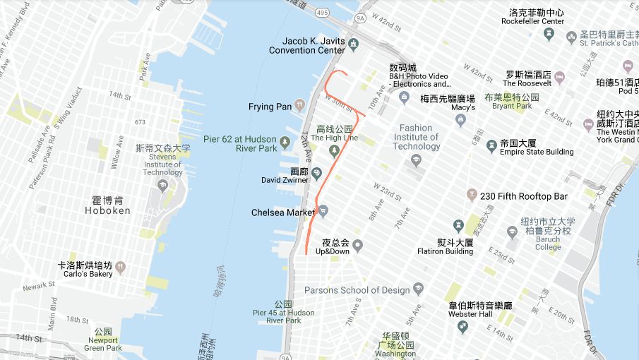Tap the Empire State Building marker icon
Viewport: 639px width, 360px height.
[491, 146]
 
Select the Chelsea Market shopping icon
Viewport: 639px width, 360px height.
[323, 211]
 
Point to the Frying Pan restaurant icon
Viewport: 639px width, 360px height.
[300, 106]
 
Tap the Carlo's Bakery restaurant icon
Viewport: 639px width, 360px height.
[121, 268]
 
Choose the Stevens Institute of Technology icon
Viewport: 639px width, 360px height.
[163, 186]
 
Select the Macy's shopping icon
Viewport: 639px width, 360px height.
[461, 120]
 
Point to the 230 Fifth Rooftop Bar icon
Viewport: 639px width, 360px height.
[472, 196]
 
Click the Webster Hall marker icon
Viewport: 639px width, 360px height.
[462, 327]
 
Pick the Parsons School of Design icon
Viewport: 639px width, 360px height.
[419, 289]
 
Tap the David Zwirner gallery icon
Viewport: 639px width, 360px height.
[317, 174]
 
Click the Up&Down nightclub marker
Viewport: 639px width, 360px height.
[358, 246]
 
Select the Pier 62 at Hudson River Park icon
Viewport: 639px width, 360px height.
[285, 143]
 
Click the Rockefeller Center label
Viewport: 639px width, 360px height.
[537, 17]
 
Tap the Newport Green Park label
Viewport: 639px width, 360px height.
[104, 343]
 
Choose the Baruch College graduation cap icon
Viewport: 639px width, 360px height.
[513, 232]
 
